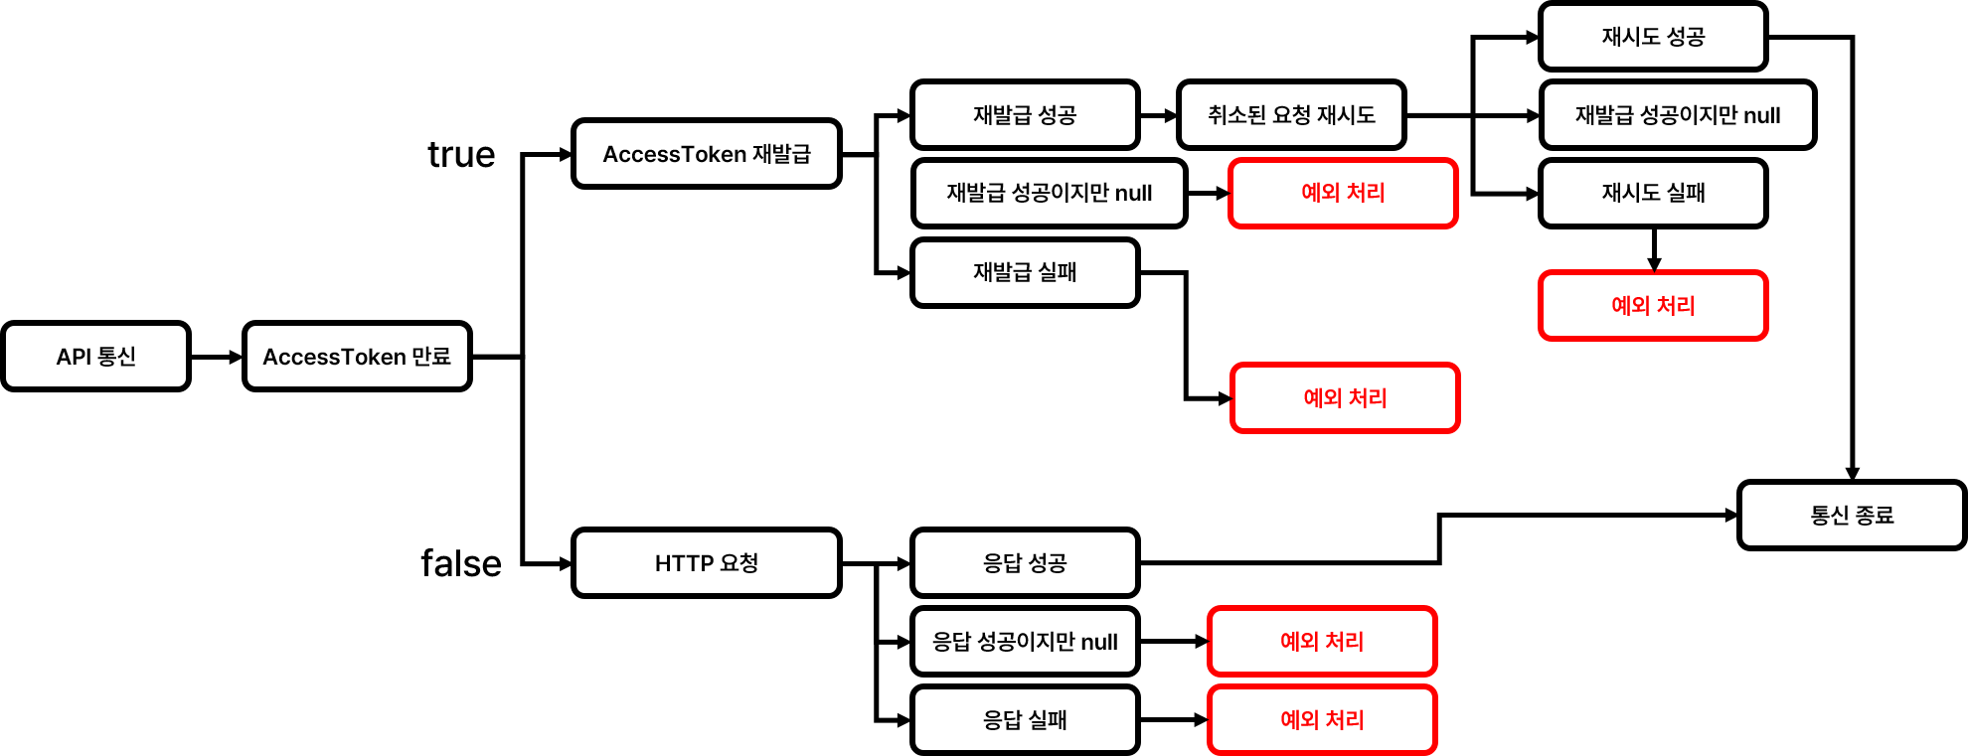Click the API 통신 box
pos(95,356)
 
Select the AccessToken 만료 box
pos(357,356)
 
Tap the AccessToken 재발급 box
pos(706,153)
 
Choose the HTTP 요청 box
pos(706,562)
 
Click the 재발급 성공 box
pos(1025,114)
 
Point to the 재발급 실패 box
pos(1025,272)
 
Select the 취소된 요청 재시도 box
pos(1291,114)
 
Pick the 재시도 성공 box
pos(1653,36)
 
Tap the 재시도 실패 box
pos(1653,193)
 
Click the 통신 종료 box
pos(1852,515)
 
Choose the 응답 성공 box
pos(1025,562)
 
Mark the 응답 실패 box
pos(1025,719)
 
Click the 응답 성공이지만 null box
pos(1025,641)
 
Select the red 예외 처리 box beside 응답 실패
pos(1322,719)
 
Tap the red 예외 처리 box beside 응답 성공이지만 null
pos(1322,641)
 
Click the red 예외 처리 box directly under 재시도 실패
pos(1653,305)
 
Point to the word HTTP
pos(684,563)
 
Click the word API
pos(74,357)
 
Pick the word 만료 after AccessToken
pos(431,356)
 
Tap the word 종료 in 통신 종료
pos(1875,515)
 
